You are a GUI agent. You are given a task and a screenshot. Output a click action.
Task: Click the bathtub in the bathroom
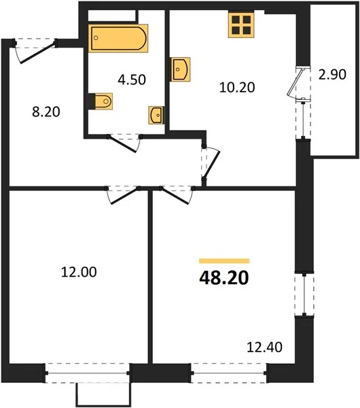118,38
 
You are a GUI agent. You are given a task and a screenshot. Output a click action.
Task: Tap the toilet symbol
103,101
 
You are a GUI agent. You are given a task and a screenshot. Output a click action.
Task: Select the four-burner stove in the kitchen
241,25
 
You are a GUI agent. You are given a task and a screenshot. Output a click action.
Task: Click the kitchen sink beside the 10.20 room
180,69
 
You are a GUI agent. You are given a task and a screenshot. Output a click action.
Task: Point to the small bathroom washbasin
156,115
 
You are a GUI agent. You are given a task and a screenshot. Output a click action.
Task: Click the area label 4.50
132,80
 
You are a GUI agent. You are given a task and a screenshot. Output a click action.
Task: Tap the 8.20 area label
46,112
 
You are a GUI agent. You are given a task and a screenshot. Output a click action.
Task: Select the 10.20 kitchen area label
237,88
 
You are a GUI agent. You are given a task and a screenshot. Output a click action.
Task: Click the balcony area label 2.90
332,74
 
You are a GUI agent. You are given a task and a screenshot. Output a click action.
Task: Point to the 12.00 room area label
79,272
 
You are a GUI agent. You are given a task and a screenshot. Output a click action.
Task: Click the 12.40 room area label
264,347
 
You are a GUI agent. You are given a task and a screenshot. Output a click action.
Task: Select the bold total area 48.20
224,278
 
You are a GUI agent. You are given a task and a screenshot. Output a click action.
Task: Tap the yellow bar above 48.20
224,260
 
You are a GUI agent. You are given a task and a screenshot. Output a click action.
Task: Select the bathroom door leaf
123,143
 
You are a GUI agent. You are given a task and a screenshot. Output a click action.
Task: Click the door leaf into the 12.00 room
124,197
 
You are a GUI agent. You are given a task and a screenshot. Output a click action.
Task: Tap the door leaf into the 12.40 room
175,197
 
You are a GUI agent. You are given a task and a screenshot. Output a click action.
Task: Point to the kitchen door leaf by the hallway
211,165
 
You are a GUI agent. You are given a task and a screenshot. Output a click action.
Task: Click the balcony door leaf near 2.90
295,82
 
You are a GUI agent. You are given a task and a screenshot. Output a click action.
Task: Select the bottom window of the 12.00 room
88,373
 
